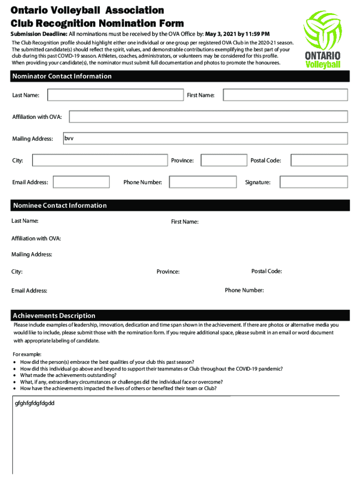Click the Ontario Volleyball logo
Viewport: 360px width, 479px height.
tap(325, 40)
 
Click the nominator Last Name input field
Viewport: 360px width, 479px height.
tap(115, 95)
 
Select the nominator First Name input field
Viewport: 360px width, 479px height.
tap(285, 95)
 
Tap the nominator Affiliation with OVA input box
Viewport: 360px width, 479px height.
tap(208, 117)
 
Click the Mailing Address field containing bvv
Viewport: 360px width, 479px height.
tap(205, 138)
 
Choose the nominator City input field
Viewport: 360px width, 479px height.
tap(100, 160)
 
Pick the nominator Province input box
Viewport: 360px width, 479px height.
tap(223, 160)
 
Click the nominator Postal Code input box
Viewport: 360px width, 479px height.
tap(319, 160)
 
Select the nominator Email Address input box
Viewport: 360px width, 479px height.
tap(81, 182)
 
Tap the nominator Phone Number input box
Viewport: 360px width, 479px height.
tap(202, 182)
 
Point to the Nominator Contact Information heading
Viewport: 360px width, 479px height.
tap(62, 76)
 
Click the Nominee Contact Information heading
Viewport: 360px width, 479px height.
tap(60, 206)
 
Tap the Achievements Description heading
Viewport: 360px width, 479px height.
tap(54, 316)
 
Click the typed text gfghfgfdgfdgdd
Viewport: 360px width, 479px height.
tap(35, 403)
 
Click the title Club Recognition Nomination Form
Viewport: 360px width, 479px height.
tap(97, 23)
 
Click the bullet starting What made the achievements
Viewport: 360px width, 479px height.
tap(68, 375)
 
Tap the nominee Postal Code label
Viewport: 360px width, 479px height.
tap(266, 271)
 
